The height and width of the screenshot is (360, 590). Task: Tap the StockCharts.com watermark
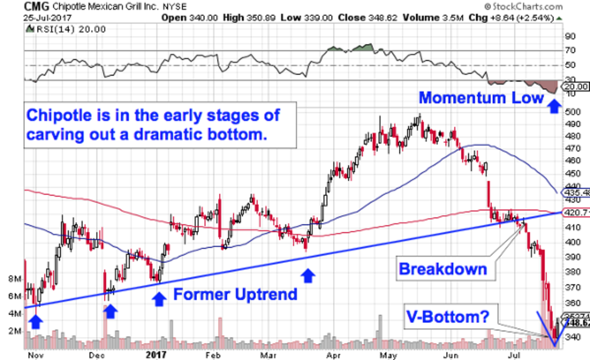coord(523,7)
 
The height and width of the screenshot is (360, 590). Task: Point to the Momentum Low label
coord(481,97)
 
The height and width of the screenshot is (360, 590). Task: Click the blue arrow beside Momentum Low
coord(554,106)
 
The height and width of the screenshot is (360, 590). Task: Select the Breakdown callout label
coord(442,269)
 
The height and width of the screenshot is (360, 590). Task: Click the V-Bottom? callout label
coord(447,317)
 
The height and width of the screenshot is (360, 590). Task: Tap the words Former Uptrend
coord(235,295)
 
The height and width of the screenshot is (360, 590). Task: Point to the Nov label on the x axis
coord(32,354)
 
